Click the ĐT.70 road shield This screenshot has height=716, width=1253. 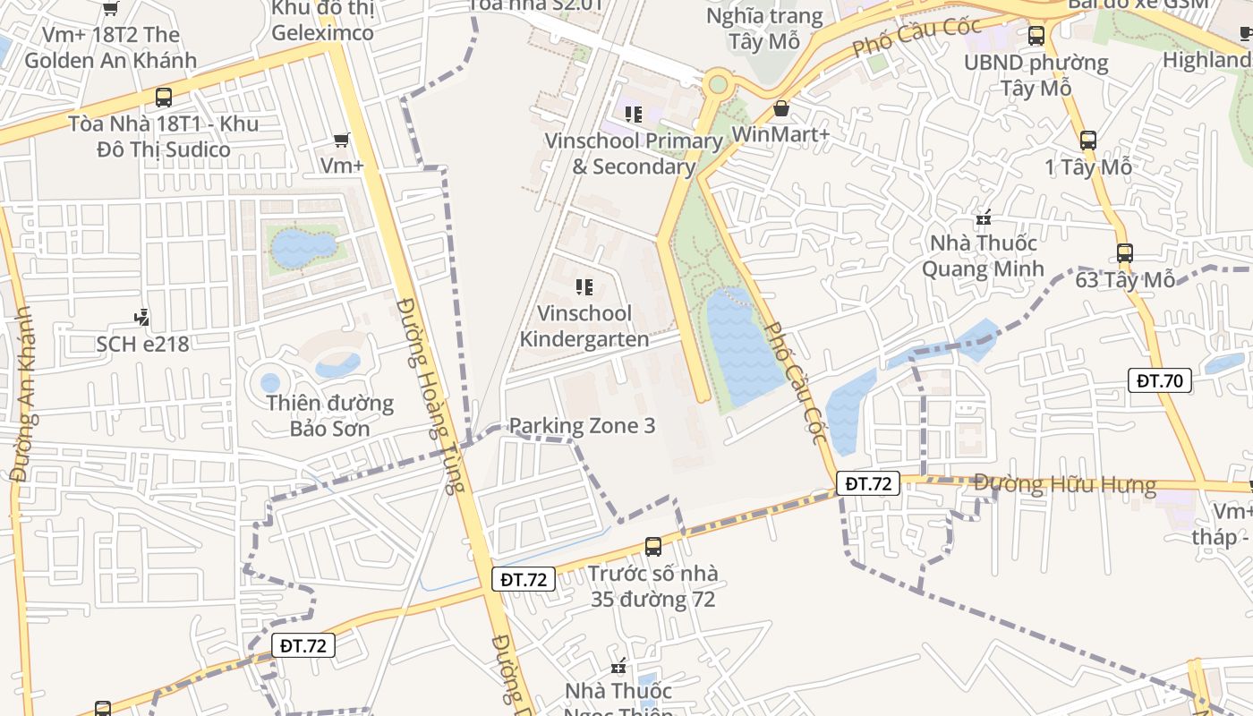pos(1160,380)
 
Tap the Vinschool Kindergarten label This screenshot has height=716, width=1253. pos(584,327)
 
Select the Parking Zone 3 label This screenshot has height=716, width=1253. pos(582,426)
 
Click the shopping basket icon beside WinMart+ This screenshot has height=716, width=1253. pos(781,108)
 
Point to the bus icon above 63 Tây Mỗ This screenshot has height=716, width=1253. pos(1125,253)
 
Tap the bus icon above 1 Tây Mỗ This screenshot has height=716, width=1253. pos(1088,140)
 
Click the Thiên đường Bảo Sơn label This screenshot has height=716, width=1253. pos(329,415)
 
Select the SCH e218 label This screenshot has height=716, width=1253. pos(143,344)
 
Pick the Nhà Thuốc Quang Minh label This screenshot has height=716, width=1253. pos(983,256)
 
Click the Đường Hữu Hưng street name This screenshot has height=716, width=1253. pos(1065,485)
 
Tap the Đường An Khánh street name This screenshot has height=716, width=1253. pos(22,395)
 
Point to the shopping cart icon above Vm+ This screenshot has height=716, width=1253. pos(341,140)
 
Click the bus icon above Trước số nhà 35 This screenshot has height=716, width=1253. pos(653,546)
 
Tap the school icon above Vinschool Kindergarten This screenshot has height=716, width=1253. pos(584,287)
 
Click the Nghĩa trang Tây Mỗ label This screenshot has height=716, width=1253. pos(763,29)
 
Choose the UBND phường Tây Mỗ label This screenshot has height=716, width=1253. pos(1036,75)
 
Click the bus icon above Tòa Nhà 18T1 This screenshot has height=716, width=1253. pos(164,98)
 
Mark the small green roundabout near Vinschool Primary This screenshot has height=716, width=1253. pos(717,85)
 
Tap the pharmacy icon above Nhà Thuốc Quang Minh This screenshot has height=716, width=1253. pos(984,217)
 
